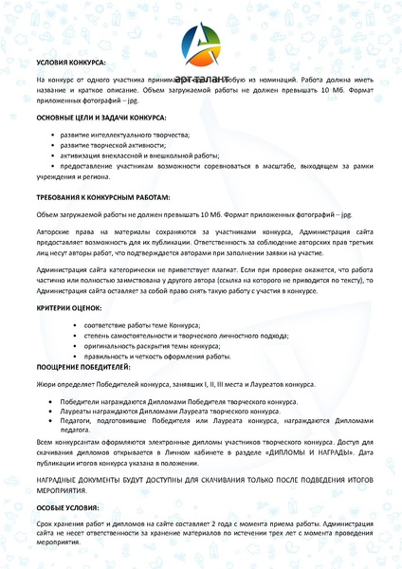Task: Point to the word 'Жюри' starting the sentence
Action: [x=47, y=385]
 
